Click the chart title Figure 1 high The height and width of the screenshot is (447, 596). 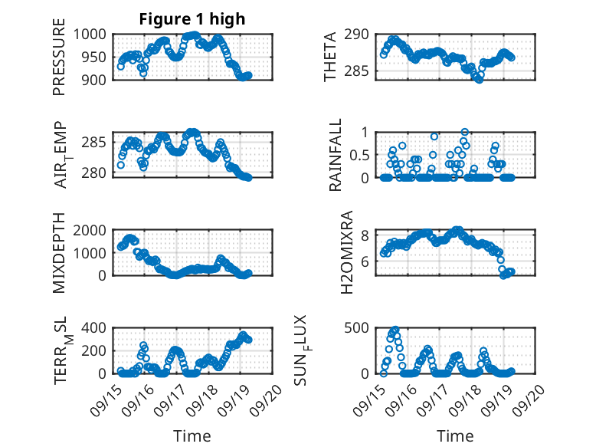coord(192,19)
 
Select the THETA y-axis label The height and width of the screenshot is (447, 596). coord(330,57)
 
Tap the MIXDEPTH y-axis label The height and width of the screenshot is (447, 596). coord(59,253)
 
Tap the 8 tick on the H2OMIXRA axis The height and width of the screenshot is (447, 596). coord(366,235)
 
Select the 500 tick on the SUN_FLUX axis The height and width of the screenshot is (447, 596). coord(361,328)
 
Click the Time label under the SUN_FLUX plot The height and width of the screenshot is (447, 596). coord(455,435)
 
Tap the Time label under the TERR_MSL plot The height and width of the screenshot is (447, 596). coord(192,435)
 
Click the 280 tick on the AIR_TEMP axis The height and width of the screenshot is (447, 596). coord(100,173)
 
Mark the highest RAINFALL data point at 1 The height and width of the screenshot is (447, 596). coord(465,132)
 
